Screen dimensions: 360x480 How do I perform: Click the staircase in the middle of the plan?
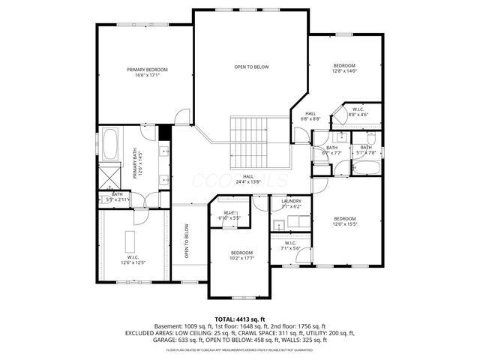click(253, 143)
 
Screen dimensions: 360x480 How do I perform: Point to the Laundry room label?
click(291, 201)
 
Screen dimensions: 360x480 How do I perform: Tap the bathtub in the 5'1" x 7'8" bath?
click(367, 166)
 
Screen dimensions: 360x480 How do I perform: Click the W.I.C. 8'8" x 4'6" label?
click(358, 112)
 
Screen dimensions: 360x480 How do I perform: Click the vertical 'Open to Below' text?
click(186, 242)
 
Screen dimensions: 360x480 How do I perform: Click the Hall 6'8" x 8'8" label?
click(310, 116)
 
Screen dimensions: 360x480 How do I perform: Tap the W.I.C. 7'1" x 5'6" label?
click(289, 245)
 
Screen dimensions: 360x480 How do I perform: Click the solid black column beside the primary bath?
click(165, 130)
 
